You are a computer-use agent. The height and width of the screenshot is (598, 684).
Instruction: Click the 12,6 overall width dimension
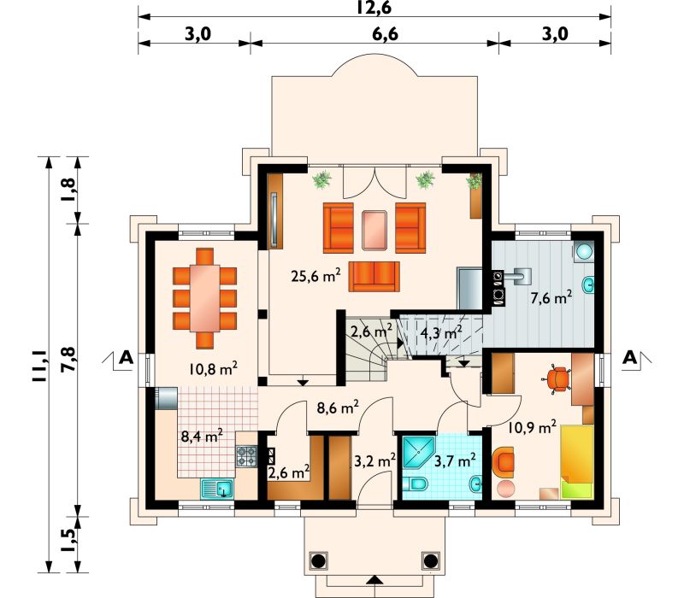tap(374, 8)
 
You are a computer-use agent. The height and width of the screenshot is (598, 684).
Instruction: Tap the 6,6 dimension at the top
tap(386, 33)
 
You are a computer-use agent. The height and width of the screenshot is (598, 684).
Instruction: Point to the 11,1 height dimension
tap(38, 365)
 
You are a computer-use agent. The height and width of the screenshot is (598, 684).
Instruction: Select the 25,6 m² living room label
tap(315, 275)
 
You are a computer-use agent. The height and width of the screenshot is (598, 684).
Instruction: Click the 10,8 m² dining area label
tap(213, 369)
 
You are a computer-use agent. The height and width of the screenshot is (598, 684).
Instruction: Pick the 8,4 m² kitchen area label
tap(202, 436)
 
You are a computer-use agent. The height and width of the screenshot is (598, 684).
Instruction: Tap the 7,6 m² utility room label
tap(551, 298)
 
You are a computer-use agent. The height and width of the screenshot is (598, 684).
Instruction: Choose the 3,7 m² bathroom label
tap(455, 460)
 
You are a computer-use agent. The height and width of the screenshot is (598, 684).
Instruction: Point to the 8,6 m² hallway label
tap(338, 407)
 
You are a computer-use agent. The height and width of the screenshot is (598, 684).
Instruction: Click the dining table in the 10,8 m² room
tap(204, 298)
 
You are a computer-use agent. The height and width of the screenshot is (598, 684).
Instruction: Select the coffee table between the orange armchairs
tap(374, 230)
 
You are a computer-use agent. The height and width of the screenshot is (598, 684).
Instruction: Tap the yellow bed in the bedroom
tap(576, 461)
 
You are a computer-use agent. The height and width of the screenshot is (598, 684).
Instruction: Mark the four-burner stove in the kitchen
tap(246, 456)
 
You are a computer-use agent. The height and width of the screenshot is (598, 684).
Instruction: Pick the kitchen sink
tap(217, 489)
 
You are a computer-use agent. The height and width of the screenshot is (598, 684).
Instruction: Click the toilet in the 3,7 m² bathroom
tap(415, 484)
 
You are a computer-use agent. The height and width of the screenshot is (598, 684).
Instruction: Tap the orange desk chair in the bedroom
tap(558, 378)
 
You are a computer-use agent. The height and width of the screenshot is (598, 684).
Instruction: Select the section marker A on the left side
tap(126, 357)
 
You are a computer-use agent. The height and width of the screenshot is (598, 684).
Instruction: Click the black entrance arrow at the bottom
tap(374, 580)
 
